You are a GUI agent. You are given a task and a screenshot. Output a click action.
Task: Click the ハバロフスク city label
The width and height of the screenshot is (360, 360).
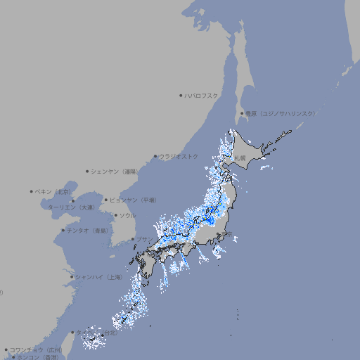click(x=202, y=96)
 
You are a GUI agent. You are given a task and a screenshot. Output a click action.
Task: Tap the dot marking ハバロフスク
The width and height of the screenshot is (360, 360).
click(x=181, y=96)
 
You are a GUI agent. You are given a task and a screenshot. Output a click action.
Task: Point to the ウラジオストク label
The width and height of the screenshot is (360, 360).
click(x=179, y=156)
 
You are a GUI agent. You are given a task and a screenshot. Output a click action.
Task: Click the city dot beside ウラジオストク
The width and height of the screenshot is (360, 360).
click(x=155, y=156)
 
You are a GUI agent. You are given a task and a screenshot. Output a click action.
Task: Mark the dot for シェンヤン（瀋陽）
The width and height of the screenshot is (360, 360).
click(x=87, y=171)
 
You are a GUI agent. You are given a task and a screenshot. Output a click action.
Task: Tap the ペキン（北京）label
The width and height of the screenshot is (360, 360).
click(x=54, y=191)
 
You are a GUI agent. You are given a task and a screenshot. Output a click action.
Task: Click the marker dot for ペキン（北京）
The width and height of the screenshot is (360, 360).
click(x=32, y=191)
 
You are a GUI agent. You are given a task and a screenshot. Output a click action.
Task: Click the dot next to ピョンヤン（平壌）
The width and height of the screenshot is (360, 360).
click(x=106, y=200)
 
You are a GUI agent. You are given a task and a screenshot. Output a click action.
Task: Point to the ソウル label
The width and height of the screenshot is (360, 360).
click(x=127, y=215)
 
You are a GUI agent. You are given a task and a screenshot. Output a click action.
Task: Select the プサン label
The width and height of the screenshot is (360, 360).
click(x=144, y=240)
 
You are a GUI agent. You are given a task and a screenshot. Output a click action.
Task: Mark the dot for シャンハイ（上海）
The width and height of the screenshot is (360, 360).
click(x=72, y=277)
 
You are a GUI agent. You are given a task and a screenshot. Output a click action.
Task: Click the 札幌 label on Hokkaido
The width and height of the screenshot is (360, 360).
click(x=240, y=158)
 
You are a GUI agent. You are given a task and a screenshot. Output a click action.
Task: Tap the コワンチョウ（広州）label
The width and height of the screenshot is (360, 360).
click(x=36, y=349)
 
